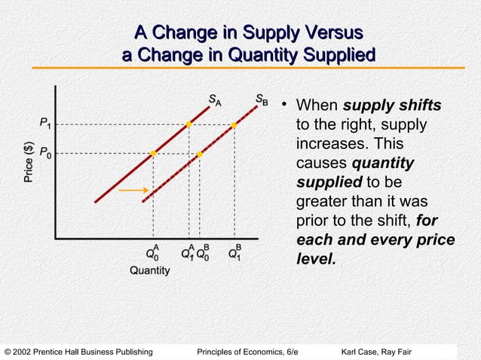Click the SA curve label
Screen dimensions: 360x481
coord(215,99)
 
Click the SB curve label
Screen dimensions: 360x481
coord(260,99)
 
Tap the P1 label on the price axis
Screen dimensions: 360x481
coord(46,123)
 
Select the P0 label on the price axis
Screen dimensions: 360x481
coord(46,154)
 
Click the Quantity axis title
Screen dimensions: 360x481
coord(149,270)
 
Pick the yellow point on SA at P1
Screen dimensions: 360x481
coord(188,124)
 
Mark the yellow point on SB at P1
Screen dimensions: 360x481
coord(234,125)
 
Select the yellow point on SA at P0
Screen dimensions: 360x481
coord(153,154)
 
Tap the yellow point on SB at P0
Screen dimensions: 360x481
coord(200,154)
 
